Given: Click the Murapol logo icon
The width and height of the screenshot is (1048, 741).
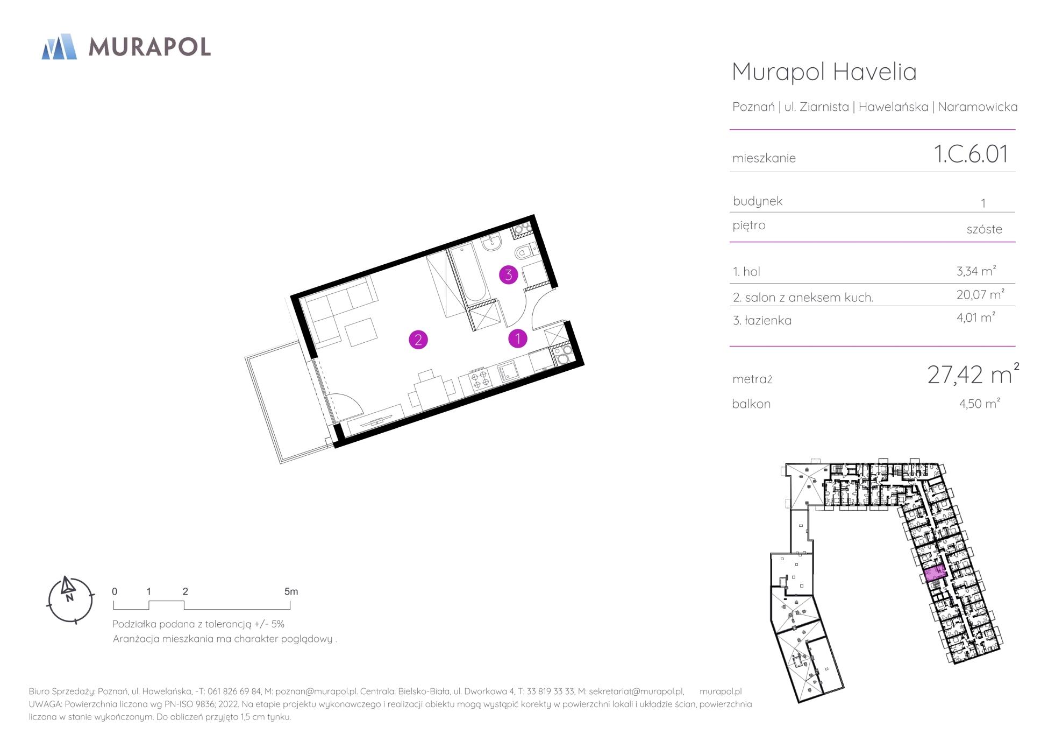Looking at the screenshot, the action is tap(59, 46).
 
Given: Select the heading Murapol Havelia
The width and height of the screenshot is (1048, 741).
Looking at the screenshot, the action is tap(824, 72).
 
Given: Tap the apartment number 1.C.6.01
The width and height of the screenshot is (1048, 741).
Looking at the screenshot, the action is tap(971, 154).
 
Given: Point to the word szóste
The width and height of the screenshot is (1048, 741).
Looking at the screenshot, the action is tap(984, 229).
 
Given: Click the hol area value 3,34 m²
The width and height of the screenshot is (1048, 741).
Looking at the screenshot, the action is tap(976, 271).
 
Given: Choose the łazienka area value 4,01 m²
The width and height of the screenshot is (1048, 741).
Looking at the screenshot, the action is tap(976, 317).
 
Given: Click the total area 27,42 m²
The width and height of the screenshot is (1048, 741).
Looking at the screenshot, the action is tap(973, 374).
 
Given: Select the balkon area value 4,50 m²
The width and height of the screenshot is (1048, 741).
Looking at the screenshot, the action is tap(979, 404).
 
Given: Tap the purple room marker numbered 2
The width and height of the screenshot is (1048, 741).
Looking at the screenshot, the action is tap(418, 340).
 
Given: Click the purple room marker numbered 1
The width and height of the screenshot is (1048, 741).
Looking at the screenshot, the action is tap(518, 338).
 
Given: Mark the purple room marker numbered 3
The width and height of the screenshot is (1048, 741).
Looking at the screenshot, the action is tap(508, 275).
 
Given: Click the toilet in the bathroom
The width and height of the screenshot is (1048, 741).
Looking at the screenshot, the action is tap(524, 252).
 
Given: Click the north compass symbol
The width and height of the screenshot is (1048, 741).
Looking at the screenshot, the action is tap(70, 599).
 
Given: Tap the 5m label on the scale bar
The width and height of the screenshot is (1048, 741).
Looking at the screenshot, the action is tap(291, 591).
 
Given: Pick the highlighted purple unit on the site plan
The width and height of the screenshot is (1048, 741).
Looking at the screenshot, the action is tap(935, 575).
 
